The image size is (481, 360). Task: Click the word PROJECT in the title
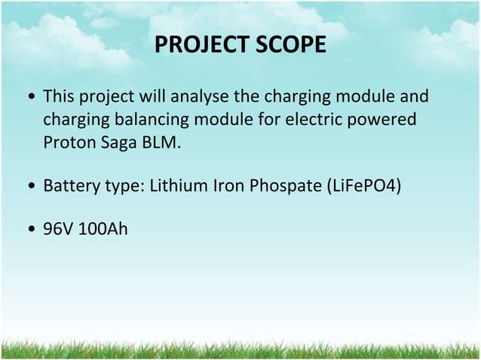point(198,47)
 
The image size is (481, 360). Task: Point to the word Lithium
point(176,185)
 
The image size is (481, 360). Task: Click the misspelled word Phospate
point(283,185)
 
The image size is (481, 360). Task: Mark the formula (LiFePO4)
point(366,185)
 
